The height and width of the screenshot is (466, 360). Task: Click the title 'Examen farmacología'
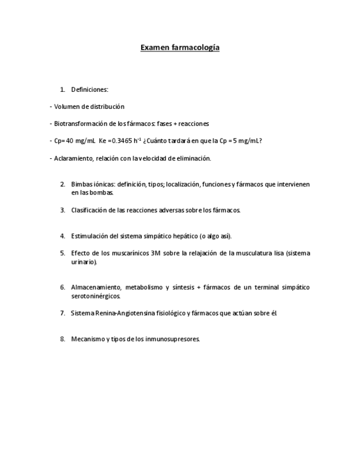(x=180, y=47)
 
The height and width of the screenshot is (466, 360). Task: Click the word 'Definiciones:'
(x=90, y=90)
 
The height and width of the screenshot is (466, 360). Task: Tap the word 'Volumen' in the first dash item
(x=67, y=107)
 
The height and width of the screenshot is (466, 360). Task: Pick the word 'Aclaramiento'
(x=74, y=158)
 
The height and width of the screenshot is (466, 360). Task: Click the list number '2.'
(x=63, y=184)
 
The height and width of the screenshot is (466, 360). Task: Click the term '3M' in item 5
(x=155, y=253)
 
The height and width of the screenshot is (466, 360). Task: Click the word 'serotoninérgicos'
(x=95, y=296)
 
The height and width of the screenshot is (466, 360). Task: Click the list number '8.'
(x=63, y=339)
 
